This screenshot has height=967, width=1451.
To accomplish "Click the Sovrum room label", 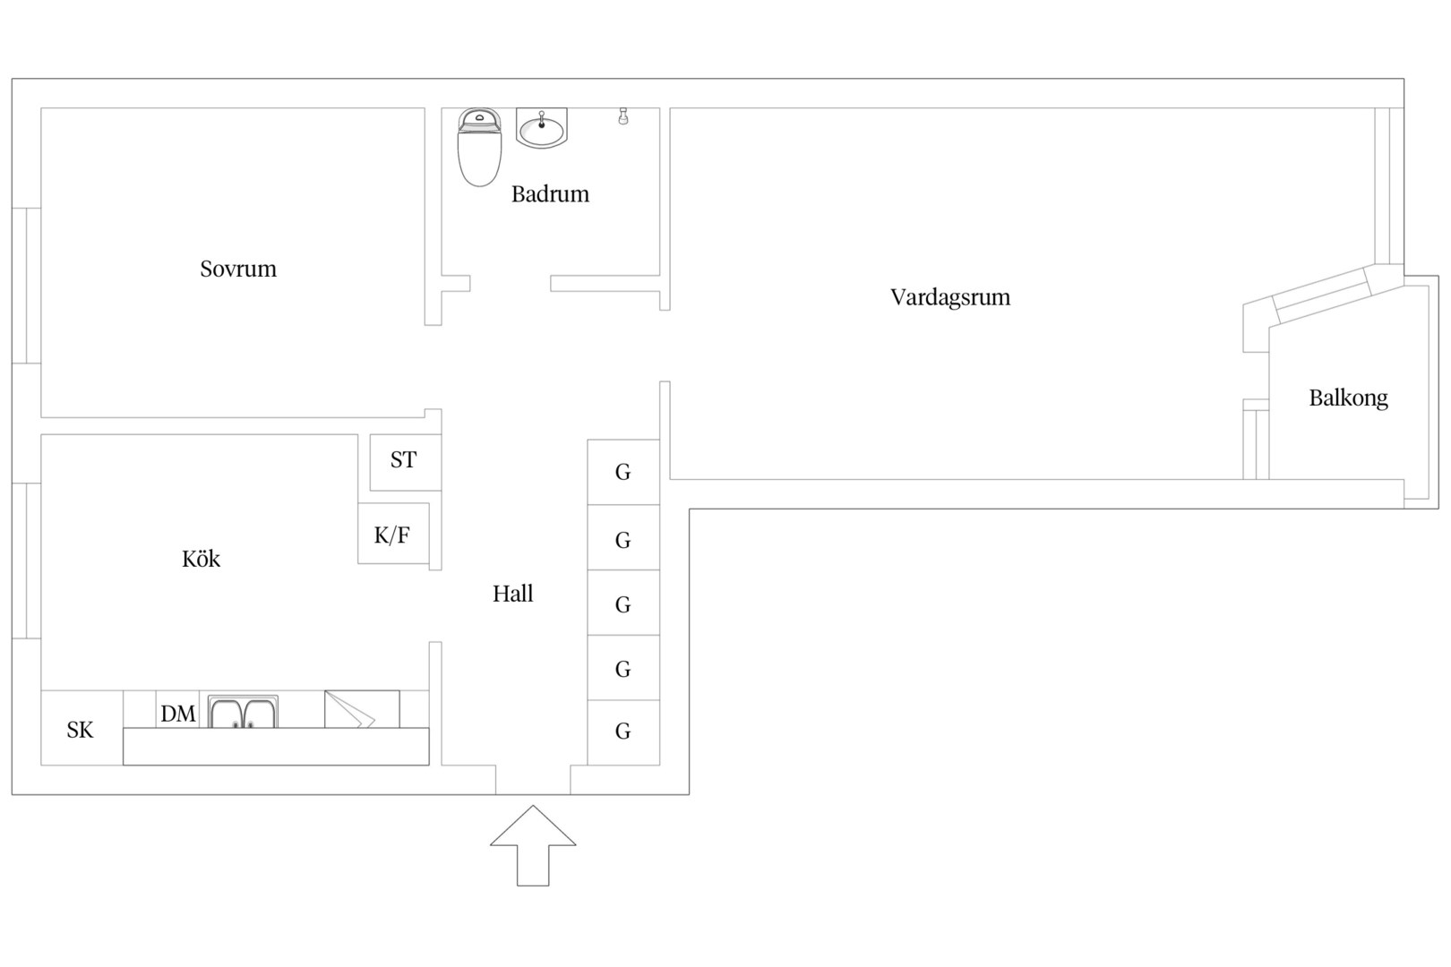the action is point(237,269).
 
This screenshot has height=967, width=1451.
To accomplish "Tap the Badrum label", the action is point(550,193).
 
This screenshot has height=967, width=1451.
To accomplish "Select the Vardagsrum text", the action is point(949,297).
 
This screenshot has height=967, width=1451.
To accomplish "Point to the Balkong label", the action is point(1348,398).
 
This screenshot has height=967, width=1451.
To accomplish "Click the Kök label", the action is point(201,559).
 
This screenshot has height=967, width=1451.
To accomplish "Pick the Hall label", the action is point(512,594).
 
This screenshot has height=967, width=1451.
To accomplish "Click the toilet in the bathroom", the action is point(479,147).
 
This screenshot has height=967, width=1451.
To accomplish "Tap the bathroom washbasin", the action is point(542,128).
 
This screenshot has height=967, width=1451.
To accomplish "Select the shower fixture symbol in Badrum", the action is point(623,116).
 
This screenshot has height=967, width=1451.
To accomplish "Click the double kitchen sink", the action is point(243,712).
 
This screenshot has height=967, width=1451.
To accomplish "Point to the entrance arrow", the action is point(532,845).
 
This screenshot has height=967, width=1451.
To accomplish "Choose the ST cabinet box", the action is point(406,462).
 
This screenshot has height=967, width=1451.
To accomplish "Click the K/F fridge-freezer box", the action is point(393,534).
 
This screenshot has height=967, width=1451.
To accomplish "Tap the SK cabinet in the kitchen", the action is point(82,728).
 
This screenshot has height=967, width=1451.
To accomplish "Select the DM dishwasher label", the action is point(178,714).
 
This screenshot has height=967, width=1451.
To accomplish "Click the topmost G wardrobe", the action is point(623,472).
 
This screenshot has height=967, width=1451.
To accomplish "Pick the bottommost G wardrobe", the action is point(623,732).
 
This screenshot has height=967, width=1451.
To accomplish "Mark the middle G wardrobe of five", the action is point(623,603).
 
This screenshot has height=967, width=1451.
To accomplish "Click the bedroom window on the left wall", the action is point(27,286).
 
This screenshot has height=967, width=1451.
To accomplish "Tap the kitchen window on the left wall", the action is point(27,561).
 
